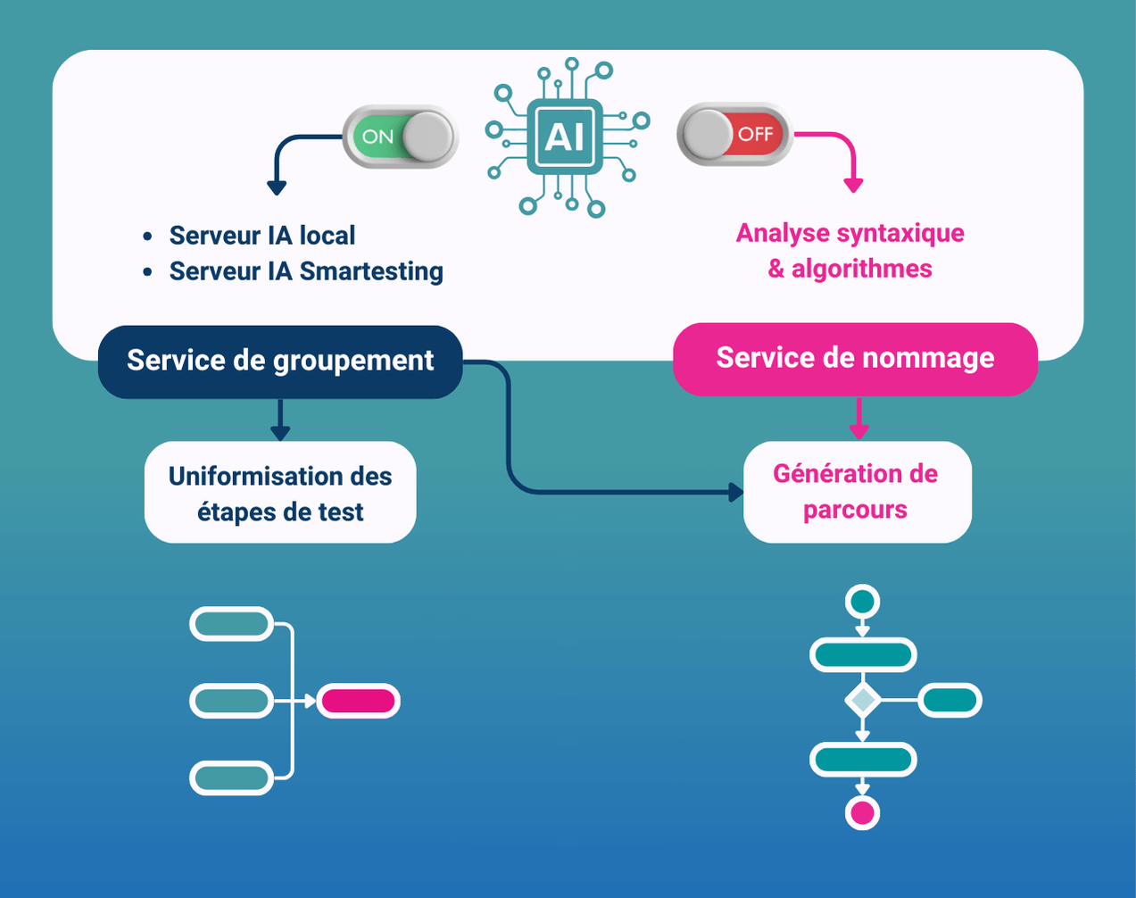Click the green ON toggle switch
click(x=400, y=137)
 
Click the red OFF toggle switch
click(x=734, y=135)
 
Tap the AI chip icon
click(x=566, y=137)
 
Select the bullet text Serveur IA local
click(x=261, y=236)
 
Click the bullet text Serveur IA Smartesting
click(x=305, y=271)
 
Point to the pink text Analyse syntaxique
click(x=850, y=233)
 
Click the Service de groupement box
click(x=279, y=361)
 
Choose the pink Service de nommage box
click(x=855, y=358)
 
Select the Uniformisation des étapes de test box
click(x=280, y=493)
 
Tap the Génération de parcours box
click(x=856, y=492)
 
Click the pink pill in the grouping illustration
click(x=358, y=702)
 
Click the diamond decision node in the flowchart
click(x=862, y=700)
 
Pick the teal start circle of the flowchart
click(x=862, y=601)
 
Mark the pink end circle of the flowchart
click(x=862, y=813)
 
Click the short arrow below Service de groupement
click(x=280, y=420)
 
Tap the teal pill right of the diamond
click(x=949, y=701)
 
